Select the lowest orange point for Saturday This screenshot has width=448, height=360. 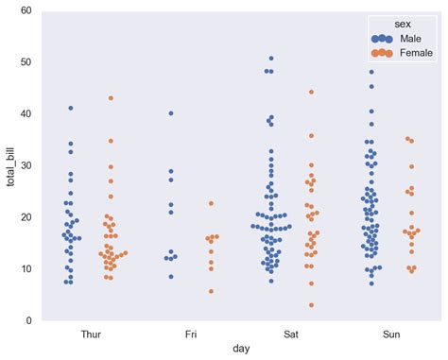click(311, 305)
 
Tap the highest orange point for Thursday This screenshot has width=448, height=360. click(111, 98)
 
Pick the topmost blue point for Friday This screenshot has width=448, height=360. click(171, 113)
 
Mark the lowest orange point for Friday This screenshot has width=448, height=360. click(211, 291)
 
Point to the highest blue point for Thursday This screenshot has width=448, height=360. click(71, 109)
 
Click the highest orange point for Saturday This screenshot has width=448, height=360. click(311, 92)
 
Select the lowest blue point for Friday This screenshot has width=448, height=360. click(171, 277)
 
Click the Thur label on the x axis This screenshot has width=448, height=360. click(91, 334)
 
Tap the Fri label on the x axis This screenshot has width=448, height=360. click(191, 334)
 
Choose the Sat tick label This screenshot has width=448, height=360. click(291, 334)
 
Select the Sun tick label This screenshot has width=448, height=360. click(391, 334)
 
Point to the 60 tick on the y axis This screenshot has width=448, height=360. click(26, 11)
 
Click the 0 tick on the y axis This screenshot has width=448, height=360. click(29, 321)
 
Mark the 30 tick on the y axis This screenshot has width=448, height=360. click(26, 166)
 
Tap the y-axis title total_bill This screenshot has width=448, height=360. click(10, 165)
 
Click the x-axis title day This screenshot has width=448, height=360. click(241, 349)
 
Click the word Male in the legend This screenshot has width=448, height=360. click(410, 38)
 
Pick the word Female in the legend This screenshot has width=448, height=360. click(417, 53)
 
